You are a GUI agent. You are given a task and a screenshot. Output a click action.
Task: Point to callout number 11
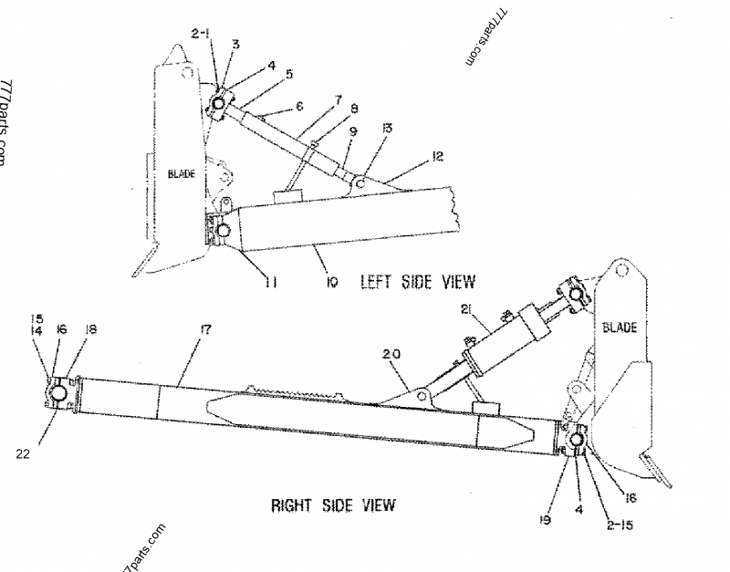[x=271, y=283]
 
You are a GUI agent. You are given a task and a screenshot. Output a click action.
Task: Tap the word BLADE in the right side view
[x=620, y=327]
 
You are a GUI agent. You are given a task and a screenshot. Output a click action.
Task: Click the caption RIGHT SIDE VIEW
[x=333, y=504]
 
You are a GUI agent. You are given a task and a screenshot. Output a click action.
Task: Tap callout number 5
[x=288, y=74]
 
